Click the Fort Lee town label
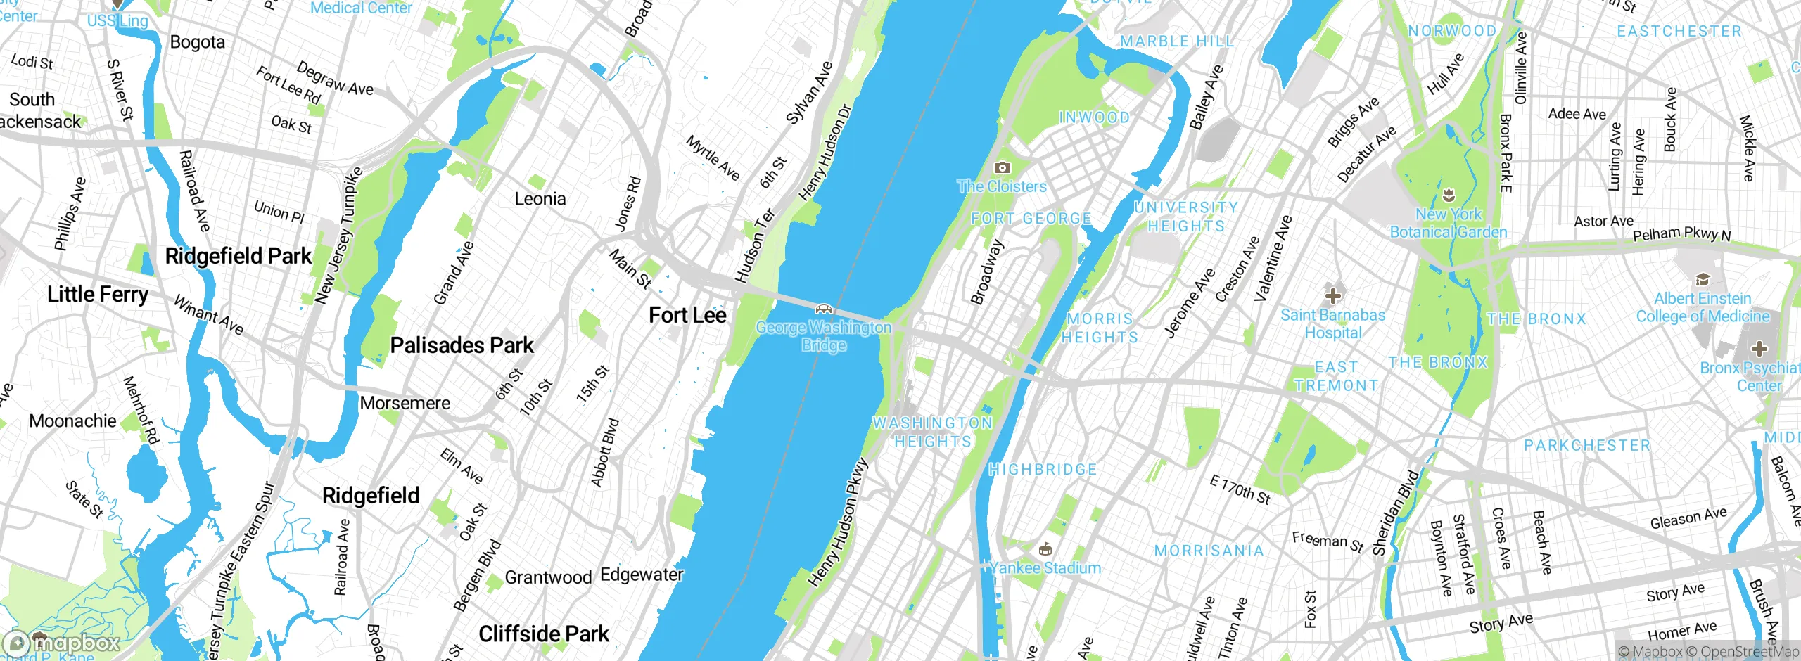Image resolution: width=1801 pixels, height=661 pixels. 687,316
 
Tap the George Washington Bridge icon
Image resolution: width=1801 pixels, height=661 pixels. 823,309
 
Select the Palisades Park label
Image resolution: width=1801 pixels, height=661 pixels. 462,345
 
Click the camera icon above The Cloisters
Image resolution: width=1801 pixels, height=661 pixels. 1002,167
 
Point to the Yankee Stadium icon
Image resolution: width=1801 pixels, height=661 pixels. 1045,548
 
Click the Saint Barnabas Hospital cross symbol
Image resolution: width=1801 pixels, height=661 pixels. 1332,296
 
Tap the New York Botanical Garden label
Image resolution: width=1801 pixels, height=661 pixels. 1449,223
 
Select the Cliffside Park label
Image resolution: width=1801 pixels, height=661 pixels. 543,634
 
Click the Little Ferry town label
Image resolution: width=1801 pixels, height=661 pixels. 97,294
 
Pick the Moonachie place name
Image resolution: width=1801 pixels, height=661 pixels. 72,421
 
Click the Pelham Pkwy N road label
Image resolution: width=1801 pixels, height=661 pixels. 1681,234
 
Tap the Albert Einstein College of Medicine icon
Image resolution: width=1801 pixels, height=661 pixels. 1703,280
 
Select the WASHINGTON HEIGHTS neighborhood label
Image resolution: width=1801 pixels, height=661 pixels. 932,432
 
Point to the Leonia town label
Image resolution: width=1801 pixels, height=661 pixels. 540,199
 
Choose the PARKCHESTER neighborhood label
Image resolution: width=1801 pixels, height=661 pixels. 1587,445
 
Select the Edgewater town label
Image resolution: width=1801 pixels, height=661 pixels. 642,575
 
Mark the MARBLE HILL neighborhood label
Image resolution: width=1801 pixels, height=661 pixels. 1177,41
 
